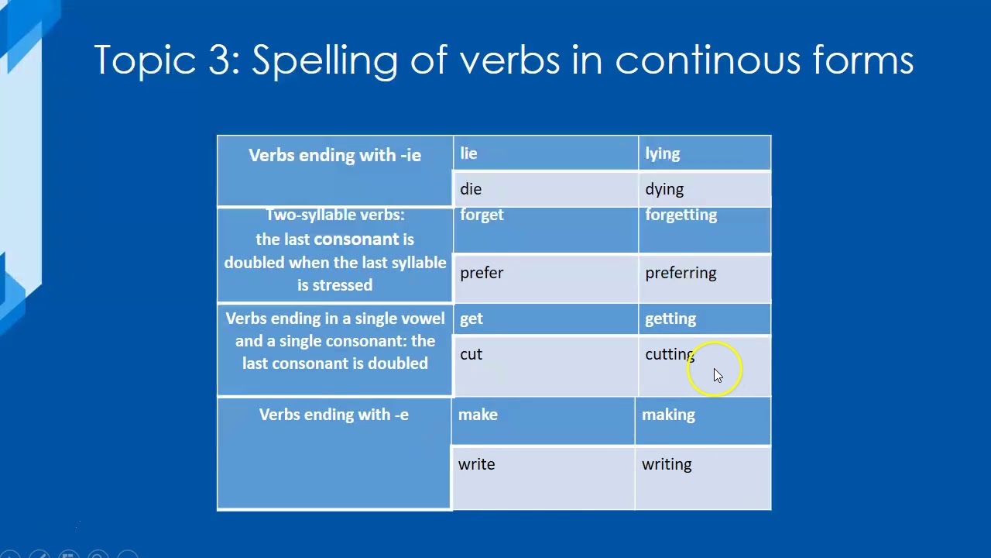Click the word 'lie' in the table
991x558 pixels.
click(x=468, y=153)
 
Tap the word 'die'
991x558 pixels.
click(x=471, y=189)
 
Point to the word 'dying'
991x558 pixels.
click(x=664, y=189)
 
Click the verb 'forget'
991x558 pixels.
click(x=482, y=215)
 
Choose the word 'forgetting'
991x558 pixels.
click(x=681, y=215)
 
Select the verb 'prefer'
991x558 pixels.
click(x=482, y=273)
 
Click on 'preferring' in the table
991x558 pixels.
click(x=681, y=273)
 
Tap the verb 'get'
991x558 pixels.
click(x=471, y=319)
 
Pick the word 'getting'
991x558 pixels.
click(x=670, y=319)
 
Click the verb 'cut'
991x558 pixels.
click(x=471, y=354)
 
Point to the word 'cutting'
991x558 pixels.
click(x=669, y=354)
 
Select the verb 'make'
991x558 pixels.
click(x=478, y=415)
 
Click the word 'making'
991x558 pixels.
click(x=668, y=415)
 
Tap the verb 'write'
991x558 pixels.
click(x=476, y=464)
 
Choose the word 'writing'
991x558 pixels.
click(x=667, y=464)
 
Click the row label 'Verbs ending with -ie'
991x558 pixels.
click(x=334, y=155)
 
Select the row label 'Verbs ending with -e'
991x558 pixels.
click(x=334, y=415)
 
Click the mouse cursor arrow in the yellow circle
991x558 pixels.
click(x=718, y=376)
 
